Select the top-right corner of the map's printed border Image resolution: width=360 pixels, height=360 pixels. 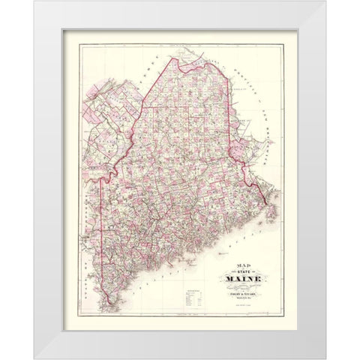[295, 31]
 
